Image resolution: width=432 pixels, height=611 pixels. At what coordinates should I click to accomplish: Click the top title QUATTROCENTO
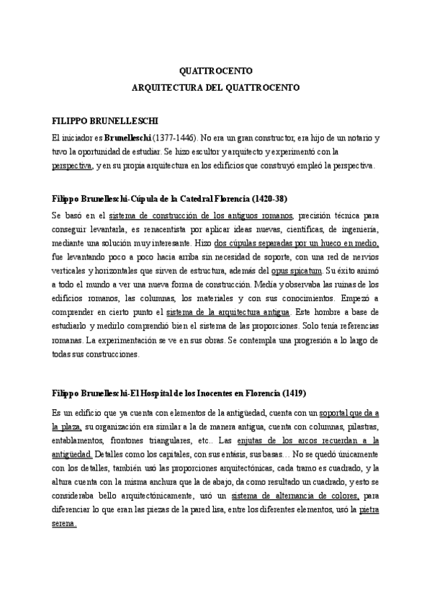click(215, 72)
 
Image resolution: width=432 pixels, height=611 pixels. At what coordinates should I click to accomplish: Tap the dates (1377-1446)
click(174, 137)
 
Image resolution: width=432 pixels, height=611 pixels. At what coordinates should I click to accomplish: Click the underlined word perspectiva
click(72, 166)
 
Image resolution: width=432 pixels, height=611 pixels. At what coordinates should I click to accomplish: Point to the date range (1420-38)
click(270, 198)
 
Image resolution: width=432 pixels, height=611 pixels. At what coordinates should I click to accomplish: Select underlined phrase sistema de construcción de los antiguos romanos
click(197, 215)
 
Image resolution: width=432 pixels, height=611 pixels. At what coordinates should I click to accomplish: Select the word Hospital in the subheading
click(166, 394)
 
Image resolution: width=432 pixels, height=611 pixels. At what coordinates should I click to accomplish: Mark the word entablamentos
click(80, 440)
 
